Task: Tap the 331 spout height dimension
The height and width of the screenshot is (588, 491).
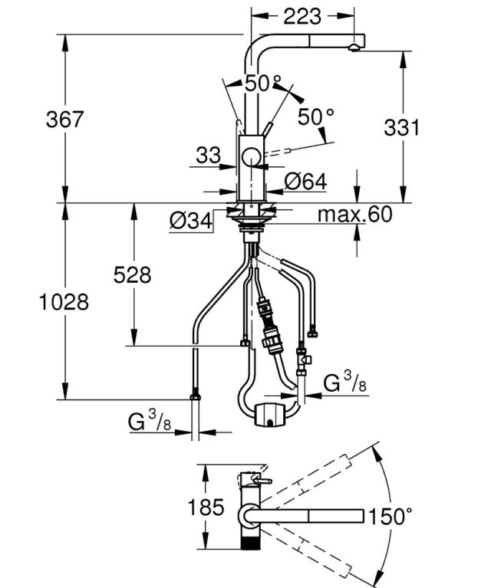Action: point(401,127)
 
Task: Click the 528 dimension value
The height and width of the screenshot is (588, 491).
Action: point(132,274)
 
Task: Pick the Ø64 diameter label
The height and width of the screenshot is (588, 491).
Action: point(305,182)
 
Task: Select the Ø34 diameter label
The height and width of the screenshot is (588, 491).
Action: point(189,222)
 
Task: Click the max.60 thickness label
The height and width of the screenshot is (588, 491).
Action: point(356,214)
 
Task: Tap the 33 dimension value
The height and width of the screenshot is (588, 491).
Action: point(208,156)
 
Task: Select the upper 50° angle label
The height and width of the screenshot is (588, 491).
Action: point(264,84)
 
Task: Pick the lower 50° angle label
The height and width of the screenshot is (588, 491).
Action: point(316,117)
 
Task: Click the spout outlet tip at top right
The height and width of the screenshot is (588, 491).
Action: point(354,48)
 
